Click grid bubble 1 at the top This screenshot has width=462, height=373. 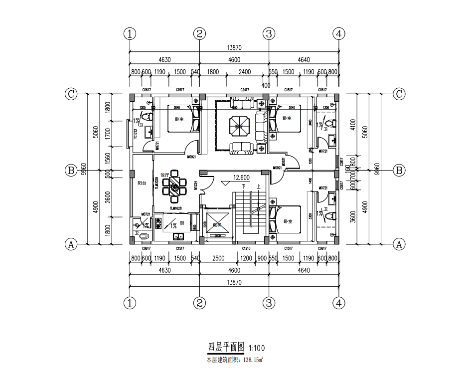coord(130,34)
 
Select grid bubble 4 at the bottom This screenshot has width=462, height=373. coord(338,303)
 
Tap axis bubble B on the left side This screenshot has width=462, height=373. coord(71,170)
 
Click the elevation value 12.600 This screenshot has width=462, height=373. coord(241,178)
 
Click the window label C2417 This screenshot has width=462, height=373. coord(244,90)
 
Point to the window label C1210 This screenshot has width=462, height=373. coord(246,248)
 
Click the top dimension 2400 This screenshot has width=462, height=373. coord(244,72)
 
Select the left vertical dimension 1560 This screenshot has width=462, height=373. coord(109,159)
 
